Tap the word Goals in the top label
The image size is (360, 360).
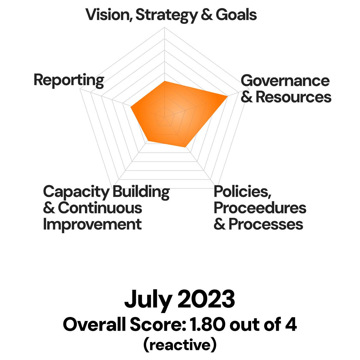pyautogui.click(x=236, y=15)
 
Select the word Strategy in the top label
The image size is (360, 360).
pyautogui.click(x=166, y=15)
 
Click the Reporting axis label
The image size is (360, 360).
pyautogui.click(x=69, y=80)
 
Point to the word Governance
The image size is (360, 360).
pyautogui.click(x=285, y=81)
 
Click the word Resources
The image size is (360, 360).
pyautogui.click(x=293, y=97)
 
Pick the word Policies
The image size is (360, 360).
pyautogui.click(x=242, y=192)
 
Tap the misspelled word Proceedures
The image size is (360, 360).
pyautogui.click(x=260, y=208)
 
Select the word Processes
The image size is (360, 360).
pyautogui.click(x=266, y=224)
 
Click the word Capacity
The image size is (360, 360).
pyautogui.click(x=76, y=192)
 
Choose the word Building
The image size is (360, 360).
pyautogui.click(x=141, y=192)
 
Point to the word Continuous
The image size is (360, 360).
pyautogui.click(x=100, y=208)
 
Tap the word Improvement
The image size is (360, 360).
pyautogui.click(x=92, y=224)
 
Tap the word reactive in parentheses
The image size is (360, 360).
pyautogui.click(x=180, y=345)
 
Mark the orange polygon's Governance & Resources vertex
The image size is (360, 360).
pyautogui.click(x=227, y=96)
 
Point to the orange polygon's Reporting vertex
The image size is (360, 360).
pyautogui.click(x=131, y=107)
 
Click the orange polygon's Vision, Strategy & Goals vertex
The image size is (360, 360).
pyautogui.click(x=165, y=81)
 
